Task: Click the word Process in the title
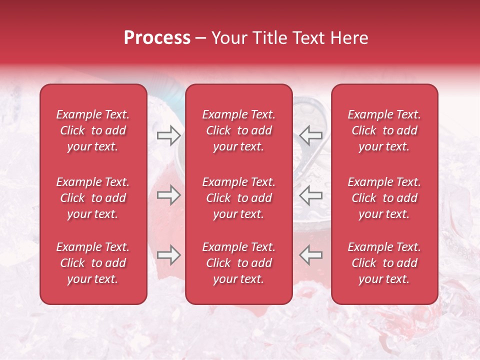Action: point(157,38)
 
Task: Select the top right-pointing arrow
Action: point(168,135)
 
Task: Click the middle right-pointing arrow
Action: point(168,195)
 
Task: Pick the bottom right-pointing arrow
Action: point(168,255)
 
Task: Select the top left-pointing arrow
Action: point(311,135)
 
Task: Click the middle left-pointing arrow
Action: point(311,195)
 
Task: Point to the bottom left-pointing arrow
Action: point(311,255)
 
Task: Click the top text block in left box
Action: point(93,130)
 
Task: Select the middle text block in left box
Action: point(93,198)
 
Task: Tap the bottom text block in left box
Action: point(93,263)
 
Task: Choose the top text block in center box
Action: point(238,130)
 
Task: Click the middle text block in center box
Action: point(238,198)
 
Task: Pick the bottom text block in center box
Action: point(238,263)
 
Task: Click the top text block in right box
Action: point(384,130)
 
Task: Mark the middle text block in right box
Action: point(384,198)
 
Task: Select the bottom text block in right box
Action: point(384,263)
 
